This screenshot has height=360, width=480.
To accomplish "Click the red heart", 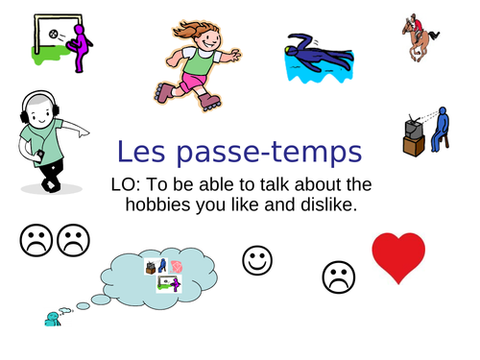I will [x=397, y=256].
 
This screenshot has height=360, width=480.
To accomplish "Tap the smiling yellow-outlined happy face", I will [x=256, y=259].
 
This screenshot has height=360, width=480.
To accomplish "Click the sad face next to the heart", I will [x=337, y=277].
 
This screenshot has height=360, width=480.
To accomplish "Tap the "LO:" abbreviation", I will [x=130, y=183].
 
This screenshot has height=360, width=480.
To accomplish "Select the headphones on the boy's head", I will [x=35, y=105].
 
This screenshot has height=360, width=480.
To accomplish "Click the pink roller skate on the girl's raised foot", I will [x=162, y=92].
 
